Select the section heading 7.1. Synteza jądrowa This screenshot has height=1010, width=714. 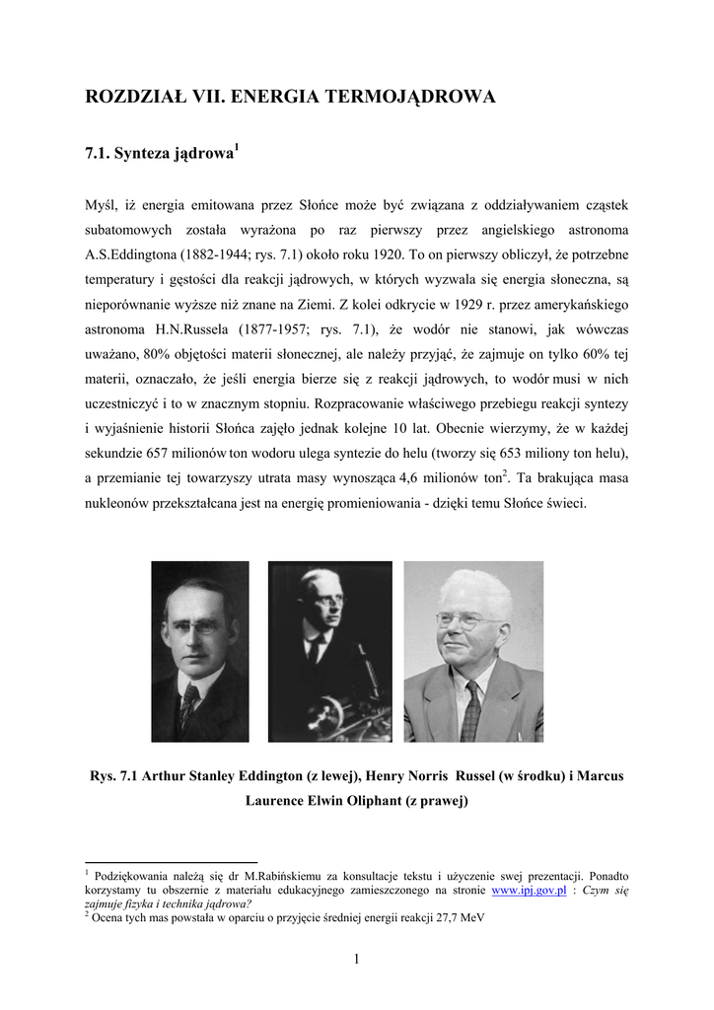pos(162,154)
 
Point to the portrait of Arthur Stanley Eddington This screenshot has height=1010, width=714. pos(200,651)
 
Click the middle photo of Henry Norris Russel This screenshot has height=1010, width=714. pos(329,651)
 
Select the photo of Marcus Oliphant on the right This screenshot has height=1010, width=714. pos(473,651)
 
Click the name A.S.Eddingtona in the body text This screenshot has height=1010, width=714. pos(132,255)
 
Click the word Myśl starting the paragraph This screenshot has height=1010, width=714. pos(103,205)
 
